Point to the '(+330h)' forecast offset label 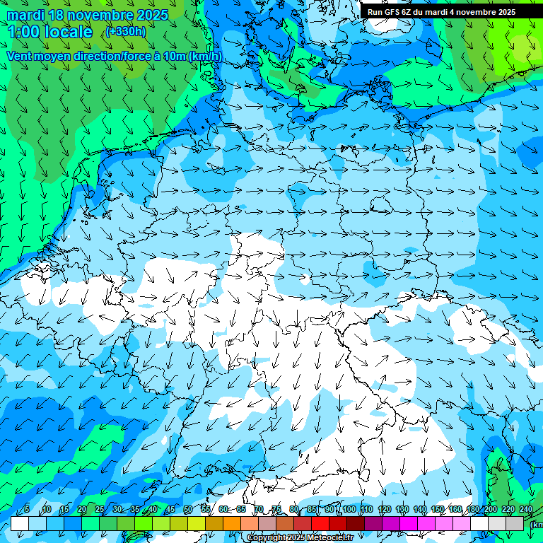(x=126, y=32)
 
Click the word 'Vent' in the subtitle (x=20, y=56)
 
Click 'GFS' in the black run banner (x=393, y=12)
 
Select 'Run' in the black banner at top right (x=375, y=12)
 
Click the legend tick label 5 (x=27, y=510)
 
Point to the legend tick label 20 (x=81, y=510)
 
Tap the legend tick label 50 (x=187, y=510)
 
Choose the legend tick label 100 (x=349, y=510)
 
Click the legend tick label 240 (x=525, y=510)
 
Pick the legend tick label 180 (x=472, y=510)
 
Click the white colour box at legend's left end (x=19, y=523)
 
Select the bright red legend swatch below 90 (x=320, y=523)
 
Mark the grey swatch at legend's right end (x=515, y=523)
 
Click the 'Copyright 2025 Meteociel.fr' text (x=300, y=538)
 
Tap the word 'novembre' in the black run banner (x=477, y=12)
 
